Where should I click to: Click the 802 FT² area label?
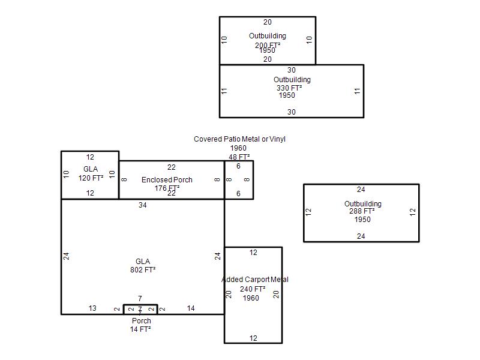pyautogui.click(x=143, y=270)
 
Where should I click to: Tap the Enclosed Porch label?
pyautogui.click(x=167, y=180)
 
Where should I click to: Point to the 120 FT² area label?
pyautogui.click(x=91, y=178)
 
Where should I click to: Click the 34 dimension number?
pyautogui.click(x=143, y=205)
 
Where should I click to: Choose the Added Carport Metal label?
pyautogui.click(x=254, y=280)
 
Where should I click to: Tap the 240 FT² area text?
pyautogui.click(x=253, y=289)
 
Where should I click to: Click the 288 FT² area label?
pyautogui.click(x=362, y=211)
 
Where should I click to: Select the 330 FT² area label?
pyautogui.click(x=289, y=88)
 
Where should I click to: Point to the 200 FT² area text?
pyautogui.click(x=268, y=45)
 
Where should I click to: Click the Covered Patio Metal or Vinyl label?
pyautogui.click(x=239, y=139)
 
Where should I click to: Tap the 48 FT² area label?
pyautogui.click(x=239, y=157)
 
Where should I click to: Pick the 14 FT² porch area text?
pyautogui.click(x=140, y=329)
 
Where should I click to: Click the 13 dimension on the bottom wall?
pyautogui.click(x=92, y=308)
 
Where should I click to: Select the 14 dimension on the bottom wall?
pyautogui.click(x=191, y=308)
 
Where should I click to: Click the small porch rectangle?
pyautogui.click(x=140, y=310)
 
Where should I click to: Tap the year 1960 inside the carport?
pyautogui.click(x=251, y=298)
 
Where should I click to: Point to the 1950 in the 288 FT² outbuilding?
pyautogui.click(x=362, y=220)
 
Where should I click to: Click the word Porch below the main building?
pyautogui.click(x=142, y=321)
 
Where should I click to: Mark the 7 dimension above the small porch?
pyautogui.click(x=140, y=299)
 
